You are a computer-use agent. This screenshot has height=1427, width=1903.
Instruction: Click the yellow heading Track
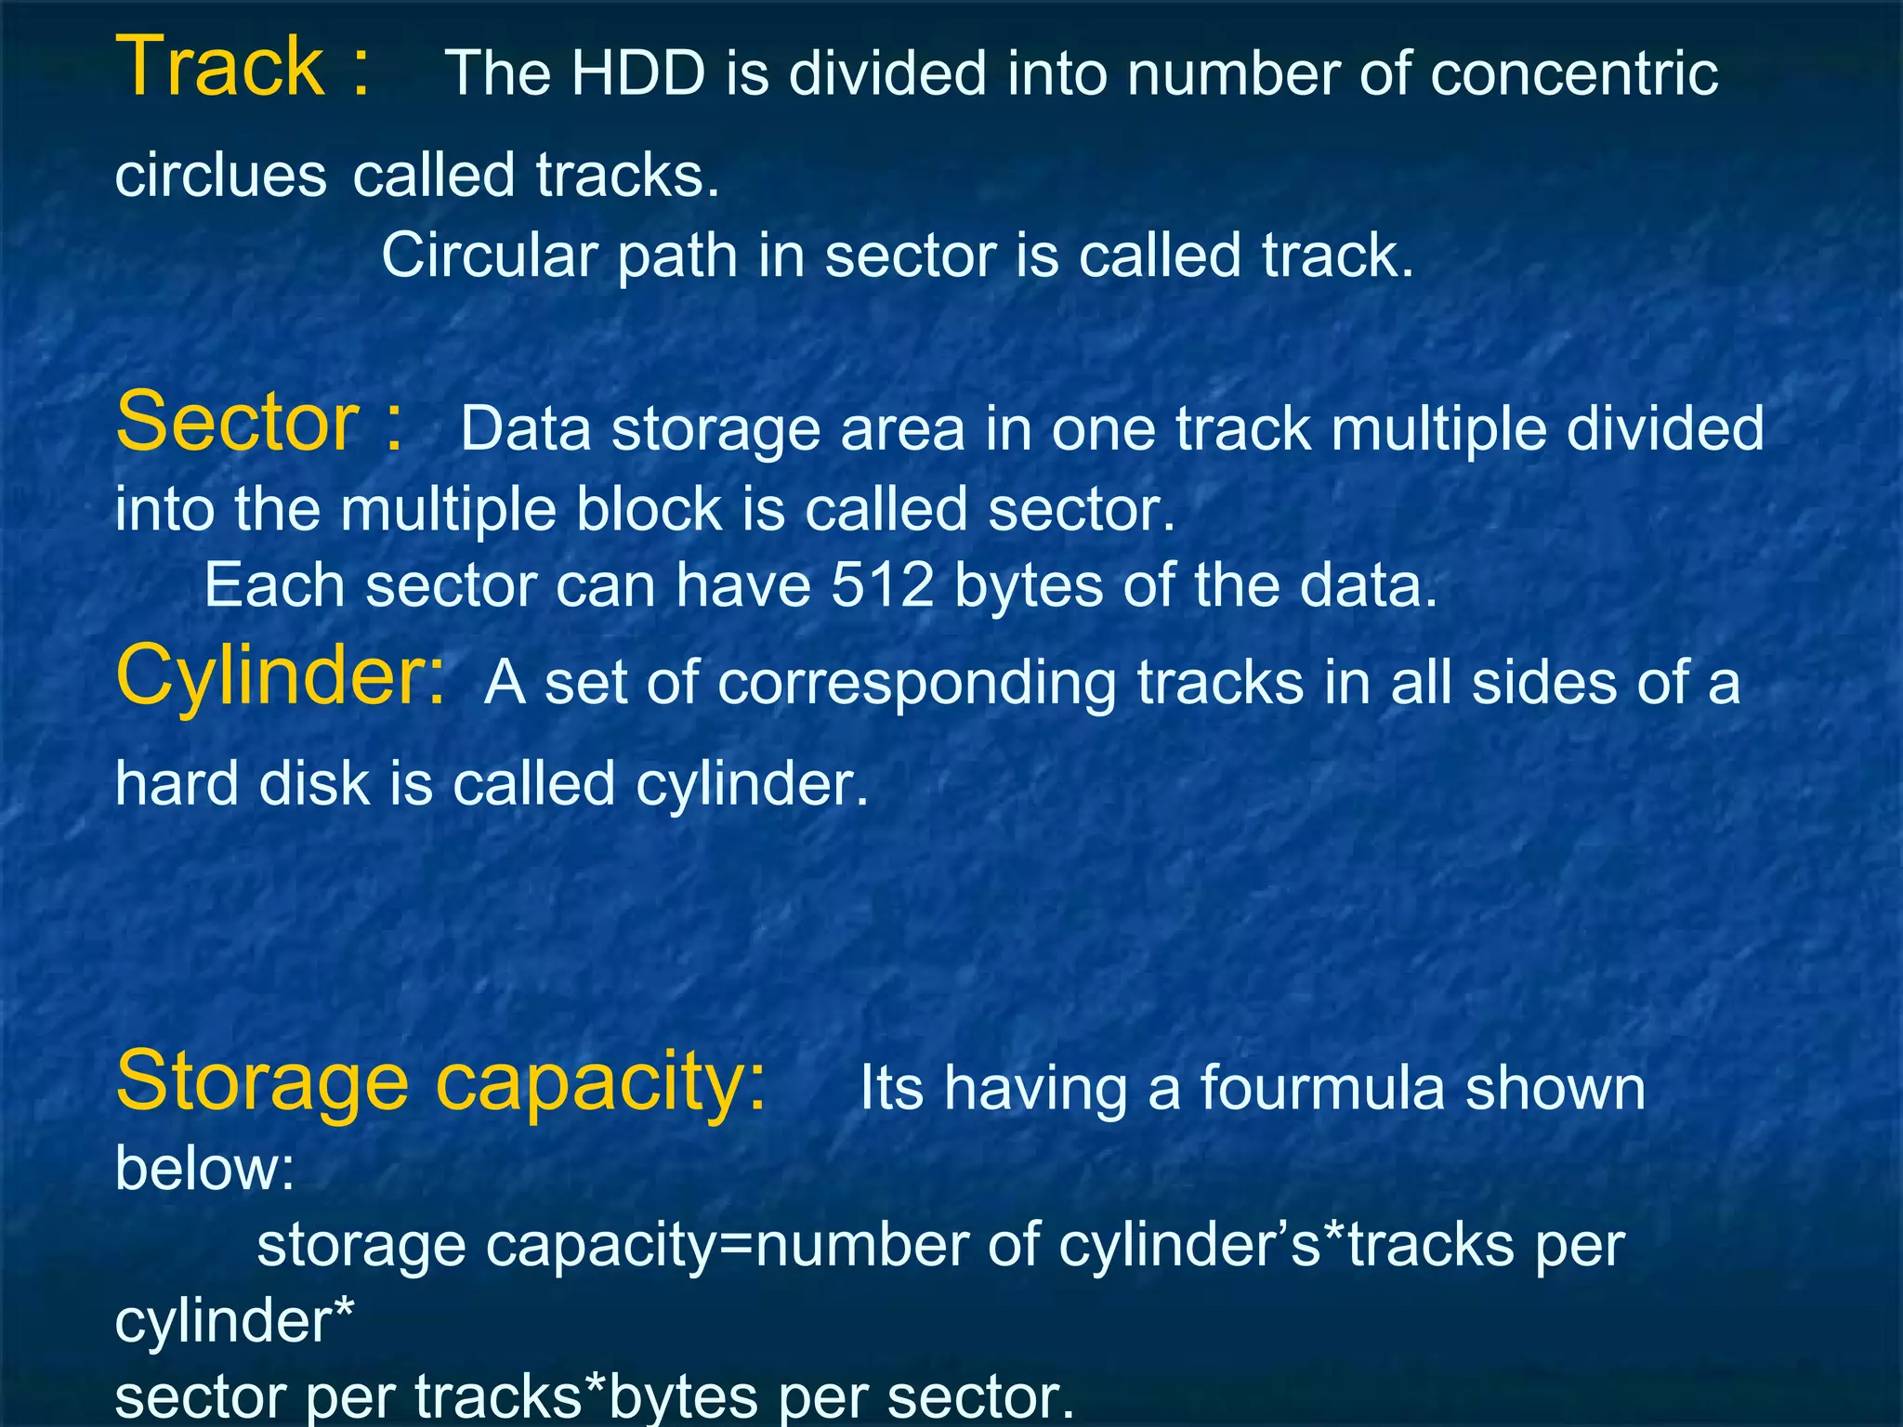219,67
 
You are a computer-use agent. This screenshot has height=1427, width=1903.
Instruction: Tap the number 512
882,585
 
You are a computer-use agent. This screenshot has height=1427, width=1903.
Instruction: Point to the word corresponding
917,685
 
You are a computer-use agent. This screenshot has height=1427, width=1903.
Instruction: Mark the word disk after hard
313,783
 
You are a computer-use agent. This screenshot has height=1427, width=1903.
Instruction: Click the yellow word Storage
262,1080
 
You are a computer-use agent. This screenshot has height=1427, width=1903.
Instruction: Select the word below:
204,1168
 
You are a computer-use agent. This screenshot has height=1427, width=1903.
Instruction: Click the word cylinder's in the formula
1188,1245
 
